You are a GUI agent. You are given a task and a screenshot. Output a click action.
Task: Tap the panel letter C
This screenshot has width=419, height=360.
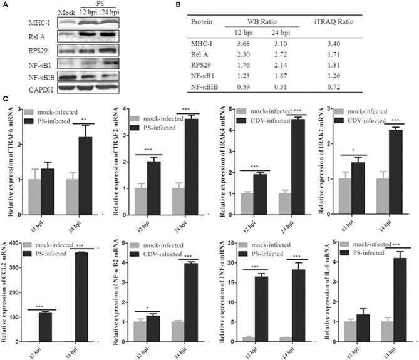pos(6,100)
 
